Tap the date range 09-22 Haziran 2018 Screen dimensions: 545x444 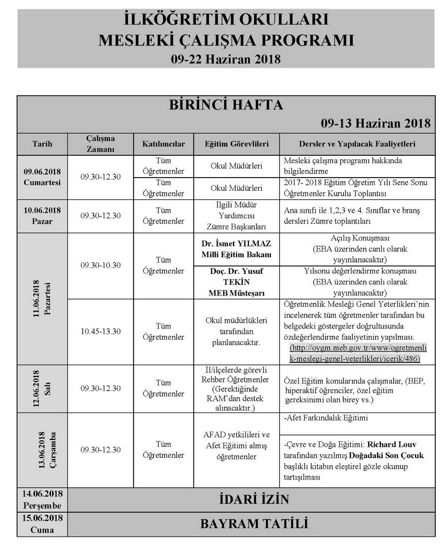pos(225,59)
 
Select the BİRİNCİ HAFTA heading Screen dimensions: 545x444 pos(226,105)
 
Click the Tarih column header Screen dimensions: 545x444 pos(43,144)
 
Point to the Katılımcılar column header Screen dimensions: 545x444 pos(163,144)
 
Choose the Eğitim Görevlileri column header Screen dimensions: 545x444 pos(237,144)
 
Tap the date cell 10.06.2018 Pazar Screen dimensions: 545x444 pos(43,216)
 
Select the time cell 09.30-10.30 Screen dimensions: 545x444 pos(100,265)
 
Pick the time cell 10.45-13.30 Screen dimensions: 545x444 pos(100,332)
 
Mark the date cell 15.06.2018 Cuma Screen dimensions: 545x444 pos(43,524)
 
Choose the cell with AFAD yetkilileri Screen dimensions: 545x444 pos(237,445)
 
